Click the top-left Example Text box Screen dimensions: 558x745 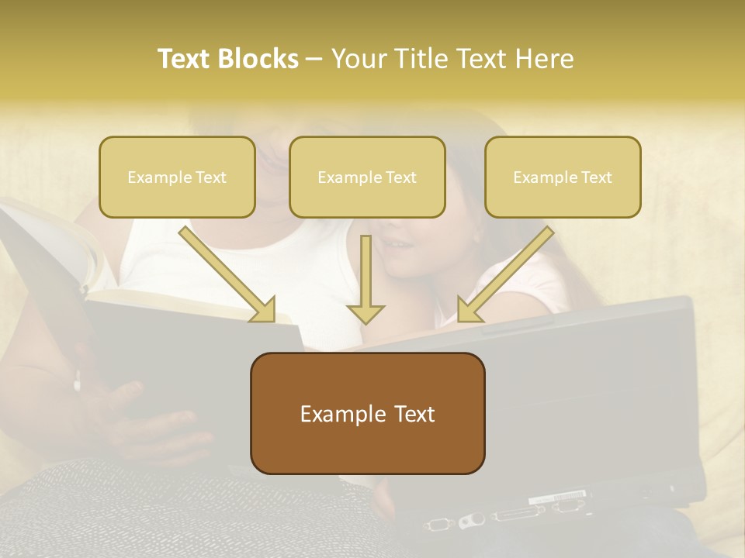tap(177, 177)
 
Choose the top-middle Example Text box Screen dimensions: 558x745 tap(367, 177)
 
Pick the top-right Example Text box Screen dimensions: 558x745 tap(563, 177)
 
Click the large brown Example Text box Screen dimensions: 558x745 tap(367, 413)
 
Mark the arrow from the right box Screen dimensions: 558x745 tap(504, 275)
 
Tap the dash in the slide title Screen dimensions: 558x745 tap(314, 59)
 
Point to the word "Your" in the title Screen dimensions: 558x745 tap(358, 59)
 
